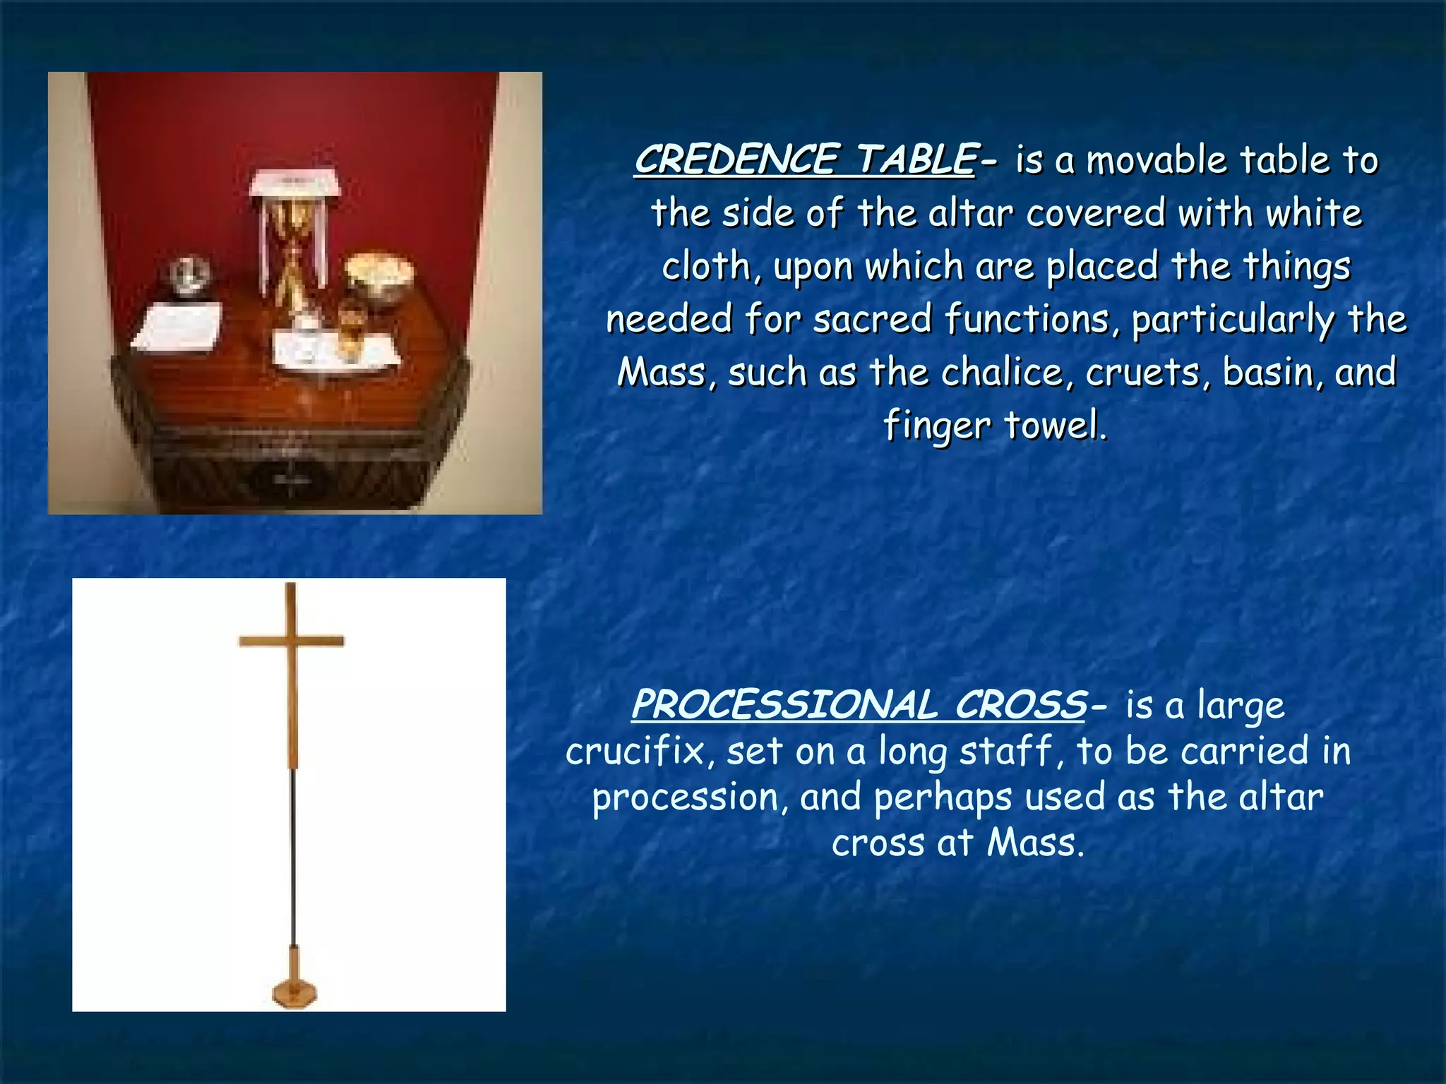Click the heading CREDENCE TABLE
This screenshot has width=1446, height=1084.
coord(805,159)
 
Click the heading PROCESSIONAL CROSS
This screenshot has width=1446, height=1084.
coord(859,704)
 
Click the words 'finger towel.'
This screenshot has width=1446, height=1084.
coord(995,425)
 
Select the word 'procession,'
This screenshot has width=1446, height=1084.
coord(690,797)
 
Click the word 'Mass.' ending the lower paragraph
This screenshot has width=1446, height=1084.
coord(1035,843)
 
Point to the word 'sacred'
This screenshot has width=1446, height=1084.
coord(873,319)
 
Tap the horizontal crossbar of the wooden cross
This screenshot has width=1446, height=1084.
coord(291,641)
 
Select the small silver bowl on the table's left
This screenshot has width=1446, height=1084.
coord(189,274)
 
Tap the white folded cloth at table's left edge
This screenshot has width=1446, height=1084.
coord(178,326)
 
